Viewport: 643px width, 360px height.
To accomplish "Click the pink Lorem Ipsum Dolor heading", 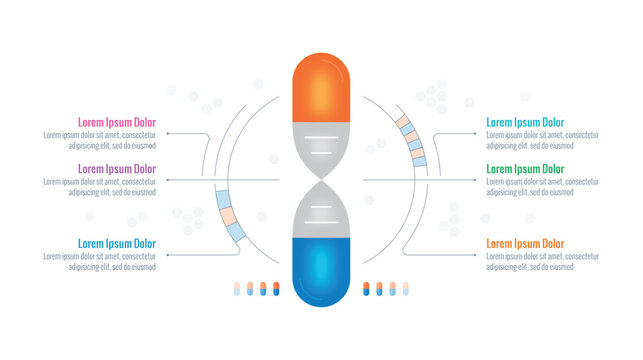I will (x=117, y=123).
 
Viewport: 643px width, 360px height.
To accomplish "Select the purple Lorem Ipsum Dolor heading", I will (x=117, y=169).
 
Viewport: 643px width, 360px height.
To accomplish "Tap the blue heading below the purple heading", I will (x=117, y=243).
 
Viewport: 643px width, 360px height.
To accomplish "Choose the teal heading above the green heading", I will (x=525, y=123).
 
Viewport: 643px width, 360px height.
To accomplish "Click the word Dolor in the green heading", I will (x=551, y=169).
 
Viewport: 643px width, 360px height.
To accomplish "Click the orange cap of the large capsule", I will (x=321, y=89).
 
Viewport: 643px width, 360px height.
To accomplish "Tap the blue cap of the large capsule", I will (x=321, y=270).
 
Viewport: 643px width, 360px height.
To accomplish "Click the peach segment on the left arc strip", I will (x=228, y=216).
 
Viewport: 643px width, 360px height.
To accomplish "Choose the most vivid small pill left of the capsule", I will (x=276, y=289).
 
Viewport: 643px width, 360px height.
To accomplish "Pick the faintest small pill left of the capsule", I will (x=236, y=289).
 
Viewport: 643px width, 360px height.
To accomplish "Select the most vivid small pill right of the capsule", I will (x=366, y=289).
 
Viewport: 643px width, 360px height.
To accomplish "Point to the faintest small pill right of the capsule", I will (x=406, y=289).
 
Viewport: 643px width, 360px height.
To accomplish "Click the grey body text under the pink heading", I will (x=100, y=140).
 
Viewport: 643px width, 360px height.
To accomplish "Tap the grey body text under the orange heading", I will (x=543, y=260).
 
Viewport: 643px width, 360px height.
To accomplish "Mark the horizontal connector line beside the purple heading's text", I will (x=220, y=180).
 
